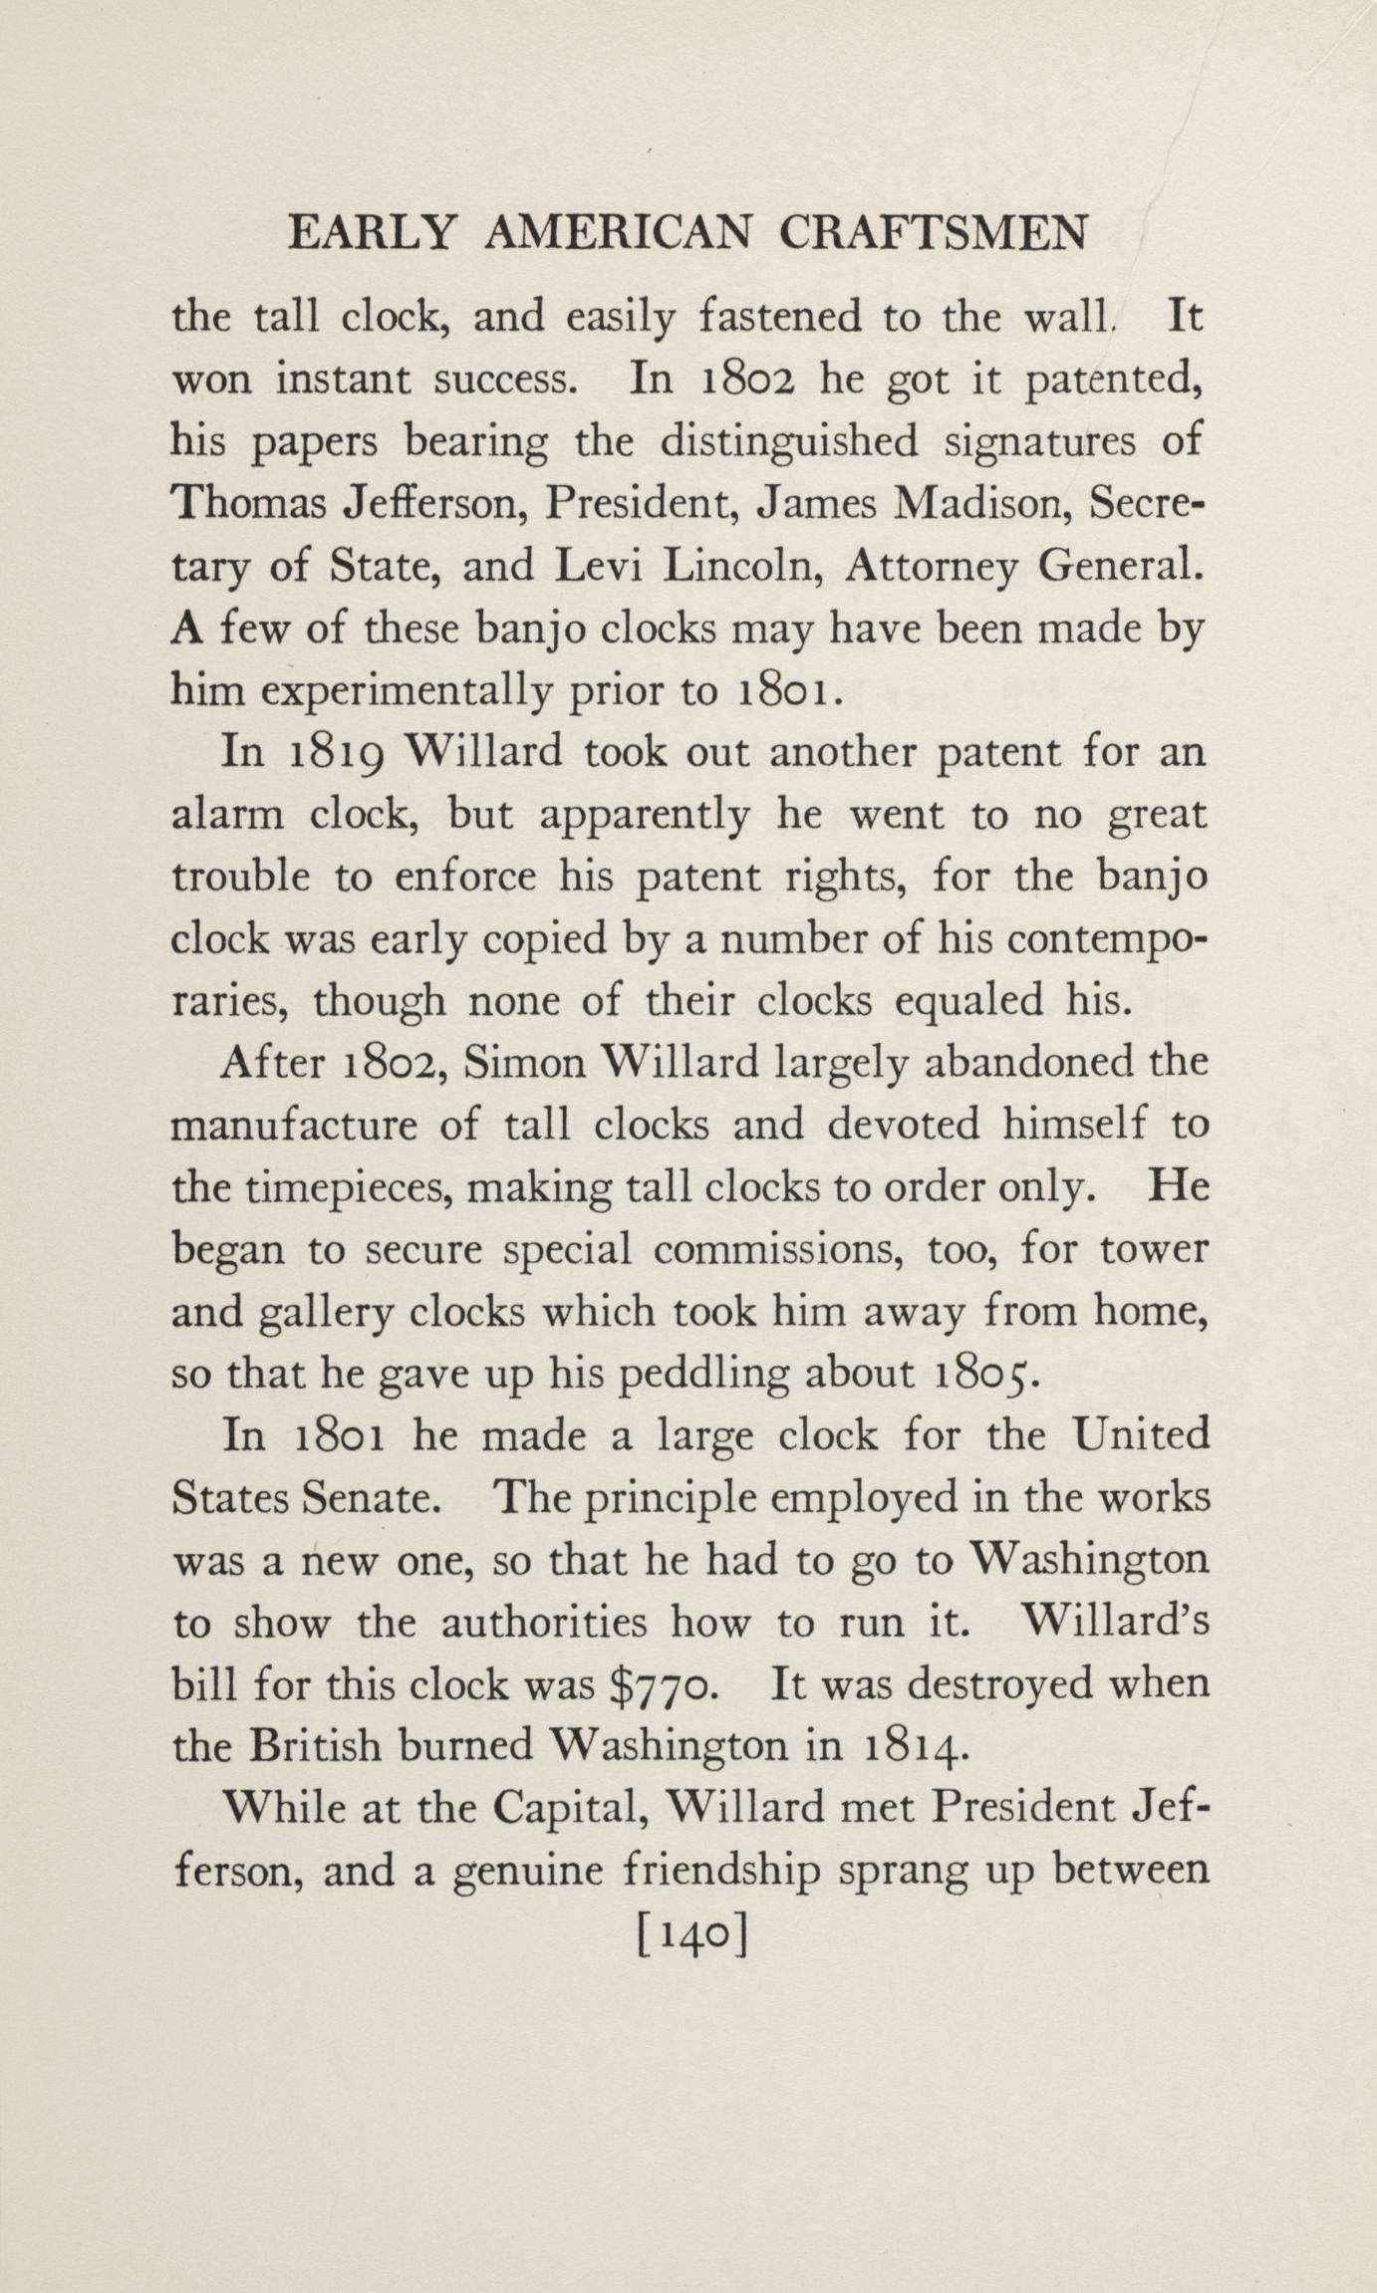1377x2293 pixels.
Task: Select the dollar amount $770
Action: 659,1684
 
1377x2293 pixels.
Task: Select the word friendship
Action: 722,1871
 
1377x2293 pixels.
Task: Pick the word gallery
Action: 328,1313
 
